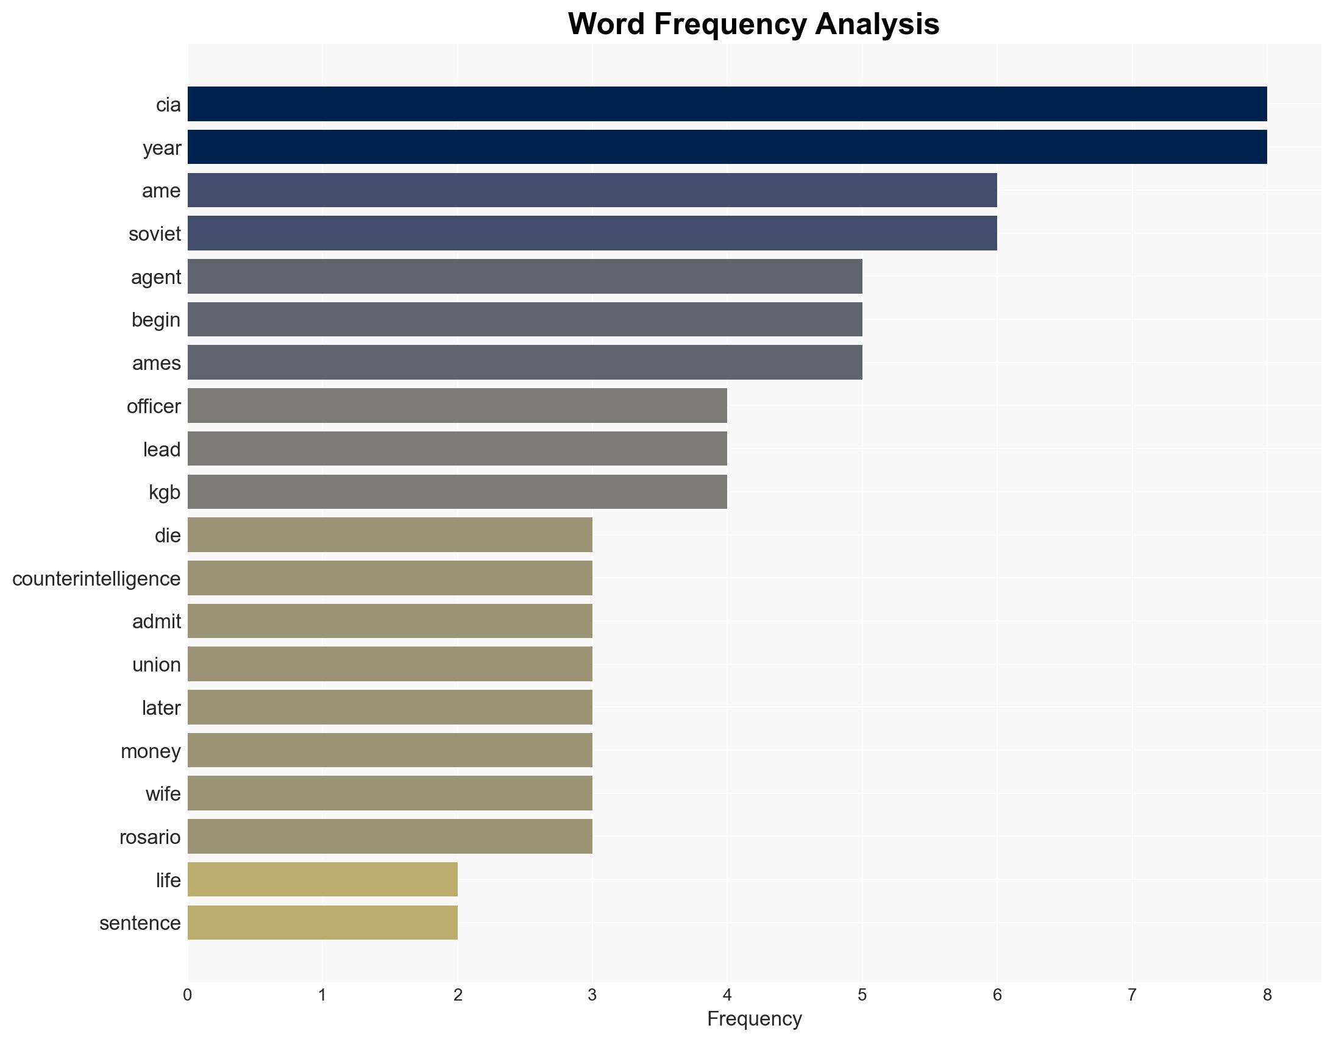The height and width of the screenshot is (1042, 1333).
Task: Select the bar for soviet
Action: (x=592, y=233)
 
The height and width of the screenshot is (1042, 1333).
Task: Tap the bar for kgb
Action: (x=457, y=492)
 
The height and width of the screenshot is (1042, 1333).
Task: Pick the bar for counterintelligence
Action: (x=389, y=578)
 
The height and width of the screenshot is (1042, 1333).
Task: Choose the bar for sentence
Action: (x=322, y=923)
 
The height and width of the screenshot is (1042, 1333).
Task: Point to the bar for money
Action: (x=389, y=750)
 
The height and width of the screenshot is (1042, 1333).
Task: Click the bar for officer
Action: (x=457, y=406)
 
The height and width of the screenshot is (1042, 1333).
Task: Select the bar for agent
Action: (x=524, y=277)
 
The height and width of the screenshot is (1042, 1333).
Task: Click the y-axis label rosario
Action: (x=150, y=837)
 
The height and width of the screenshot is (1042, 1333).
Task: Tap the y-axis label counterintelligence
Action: (x=96, y=578)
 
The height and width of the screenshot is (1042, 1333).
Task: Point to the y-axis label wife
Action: (x=163, y=794)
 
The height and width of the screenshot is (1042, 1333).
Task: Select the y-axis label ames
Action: (x=156, y=363)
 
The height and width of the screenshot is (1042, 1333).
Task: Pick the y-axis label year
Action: (x=162, y=147)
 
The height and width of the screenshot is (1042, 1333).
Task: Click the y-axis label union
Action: (x=156, y=664)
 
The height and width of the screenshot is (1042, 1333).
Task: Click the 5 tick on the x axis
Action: (x=862, y=996)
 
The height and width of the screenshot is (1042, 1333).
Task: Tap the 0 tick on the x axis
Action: (x=187, y=996)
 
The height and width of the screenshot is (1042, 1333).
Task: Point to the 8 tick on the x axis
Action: (x=1267, y=996)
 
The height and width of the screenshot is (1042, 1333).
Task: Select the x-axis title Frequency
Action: (x=754, y=1019)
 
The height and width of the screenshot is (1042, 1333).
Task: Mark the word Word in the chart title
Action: (x=606, y=24)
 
